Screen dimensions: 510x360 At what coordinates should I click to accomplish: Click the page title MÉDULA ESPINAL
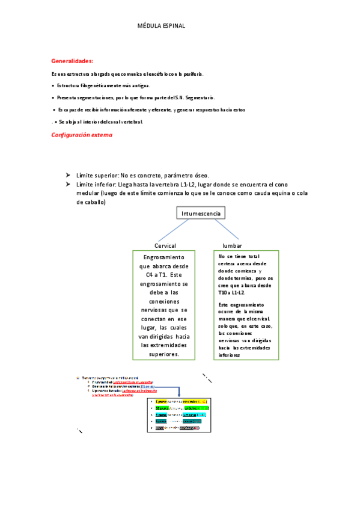click(x=162, y=26)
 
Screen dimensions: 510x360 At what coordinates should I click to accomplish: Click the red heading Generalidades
click(x=72, y=61)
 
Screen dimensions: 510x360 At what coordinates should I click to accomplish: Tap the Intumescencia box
click(x=201, y=214)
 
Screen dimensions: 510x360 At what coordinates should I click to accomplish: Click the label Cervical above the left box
click(x=165, y=246)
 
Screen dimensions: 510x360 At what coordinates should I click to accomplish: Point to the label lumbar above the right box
click(x=233, y=246)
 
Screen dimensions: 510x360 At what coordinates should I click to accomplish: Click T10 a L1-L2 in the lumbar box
click(x=232, y=293)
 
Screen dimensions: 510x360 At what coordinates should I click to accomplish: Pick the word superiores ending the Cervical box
click(x=164, y=354)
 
